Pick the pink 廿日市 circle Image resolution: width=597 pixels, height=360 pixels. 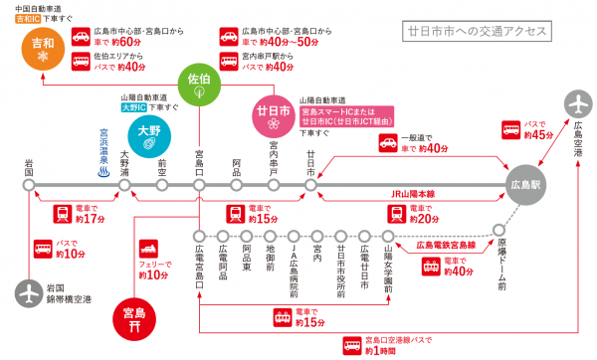[x=272, y=115]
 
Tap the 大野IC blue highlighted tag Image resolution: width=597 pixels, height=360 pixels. [x=132, y=106]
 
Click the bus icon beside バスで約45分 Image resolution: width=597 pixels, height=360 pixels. [x=509, y=131]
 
